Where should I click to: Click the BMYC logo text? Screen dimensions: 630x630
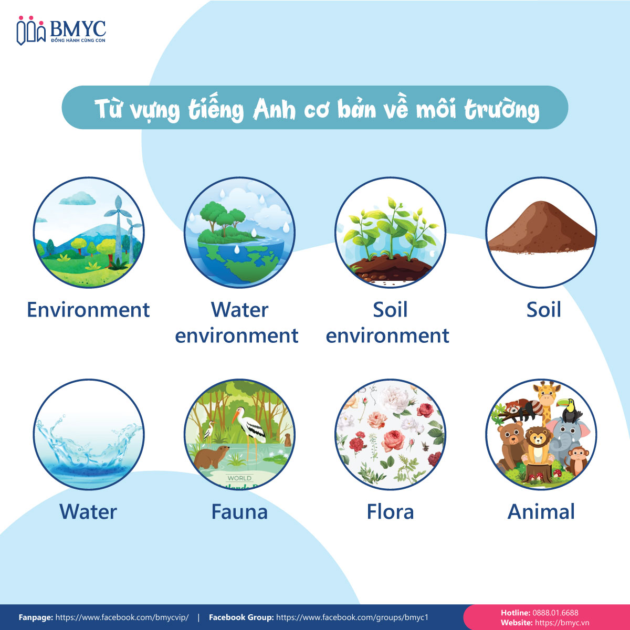(78, 29)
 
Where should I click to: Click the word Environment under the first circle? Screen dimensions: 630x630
(88, 310)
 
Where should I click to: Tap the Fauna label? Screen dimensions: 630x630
(239, 512)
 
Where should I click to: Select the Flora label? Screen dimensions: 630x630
(391, 512)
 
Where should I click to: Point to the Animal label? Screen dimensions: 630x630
(541, 512)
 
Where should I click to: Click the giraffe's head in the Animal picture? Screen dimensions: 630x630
(547, 394)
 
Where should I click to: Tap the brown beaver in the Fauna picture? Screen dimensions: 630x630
(211, 457)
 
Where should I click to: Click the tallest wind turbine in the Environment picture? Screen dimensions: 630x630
(118, 229)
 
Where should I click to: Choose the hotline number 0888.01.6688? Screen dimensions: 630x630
(555, 613)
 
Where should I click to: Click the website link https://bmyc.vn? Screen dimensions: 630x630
(562, 623)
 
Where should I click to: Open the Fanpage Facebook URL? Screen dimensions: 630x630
(122, 617)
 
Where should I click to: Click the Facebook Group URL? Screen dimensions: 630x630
(352, 617)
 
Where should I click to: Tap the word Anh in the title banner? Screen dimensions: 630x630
(274, 110)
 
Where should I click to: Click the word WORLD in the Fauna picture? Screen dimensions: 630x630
(239, 478)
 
